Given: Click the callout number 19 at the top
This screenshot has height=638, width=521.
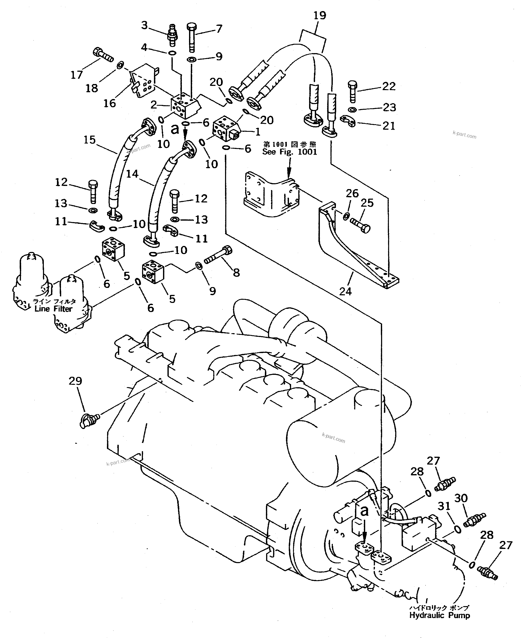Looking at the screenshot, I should [320, 15].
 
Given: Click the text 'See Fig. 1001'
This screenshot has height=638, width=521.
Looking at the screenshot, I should [289, 152].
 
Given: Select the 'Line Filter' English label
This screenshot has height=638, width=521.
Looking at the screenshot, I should [53, 309].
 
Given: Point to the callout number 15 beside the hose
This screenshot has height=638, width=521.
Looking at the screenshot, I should [89, 140].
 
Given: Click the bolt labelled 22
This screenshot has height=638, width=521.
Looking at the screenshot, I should [352, 91].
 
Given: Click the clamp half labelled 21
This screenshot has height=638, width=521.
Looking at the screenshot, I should [348, 121].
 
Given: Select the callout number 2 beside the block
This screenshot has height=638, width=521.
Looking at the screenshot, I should [154, 105].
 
